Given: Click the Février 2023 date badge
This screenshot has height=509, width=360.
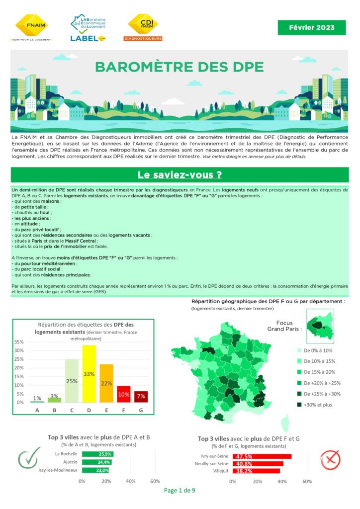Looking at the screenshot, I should point(311,27).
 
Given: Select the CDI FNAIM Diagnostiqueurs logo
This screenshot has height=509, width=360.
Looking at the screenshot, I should point(143,27).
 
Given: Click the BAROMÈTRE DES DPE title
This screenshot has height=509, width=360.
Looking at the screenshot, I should point(180,67).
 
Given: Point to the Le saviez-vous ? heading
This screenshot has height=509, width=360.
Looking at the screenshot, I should point(180,175).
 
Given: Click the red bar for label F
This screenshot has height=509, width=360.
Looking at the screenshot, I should point(124,394).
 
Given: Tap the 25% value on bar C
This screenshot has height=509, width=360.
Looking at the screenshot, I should point(72,381).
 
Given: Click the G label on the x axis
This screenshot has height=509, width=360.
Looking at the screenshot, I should point(141,411).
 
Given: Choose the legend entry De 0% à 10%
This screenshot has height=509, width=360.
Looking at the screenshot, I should point(317,350).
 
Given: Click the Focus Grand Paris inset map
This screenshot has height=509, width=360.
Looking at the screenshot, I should point(320,325).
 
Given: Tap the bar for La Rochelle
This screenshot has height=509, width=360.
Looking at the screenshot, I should point(97,454).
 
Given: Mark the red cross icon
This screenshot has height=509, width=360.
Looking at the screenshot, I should point(330,460).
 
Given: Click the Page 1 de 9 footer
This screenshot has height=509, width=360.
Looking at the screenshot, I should point(180,491).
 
